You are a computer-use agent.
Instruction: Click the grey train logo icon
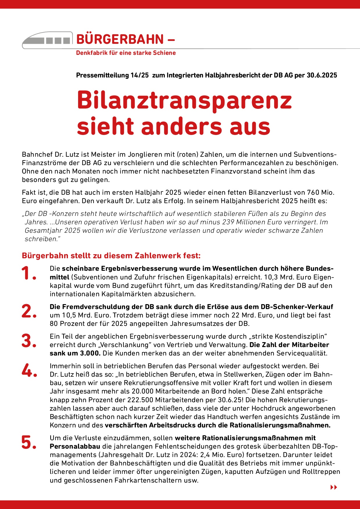click(x=47, y=40)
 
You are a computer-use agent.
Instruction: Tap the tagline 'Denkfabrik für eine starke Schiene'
click(x=126, y=53)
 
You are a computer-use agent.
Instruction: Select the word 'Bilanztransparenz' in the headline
click(x=184, y=100)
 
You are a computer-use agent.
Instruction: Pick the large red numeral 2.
click(x=29, y=311)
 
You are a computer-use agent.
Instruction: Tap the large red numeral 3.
click(x=29, y=341)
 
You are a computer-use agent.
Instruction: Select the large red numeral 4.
click(x=29, y=370)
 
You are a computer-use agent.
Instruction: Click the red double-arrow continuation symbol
click(x=334, y=487)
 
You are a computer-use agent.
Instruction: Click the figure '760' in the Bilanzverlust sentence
click(x=313, y=192)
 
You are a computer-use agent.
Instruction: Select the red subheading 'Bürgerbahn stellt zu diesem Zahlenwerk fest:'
click(x=111, y=256)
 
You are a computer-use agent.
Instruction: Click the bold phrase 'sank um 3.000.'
click(x=75, y=353)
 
